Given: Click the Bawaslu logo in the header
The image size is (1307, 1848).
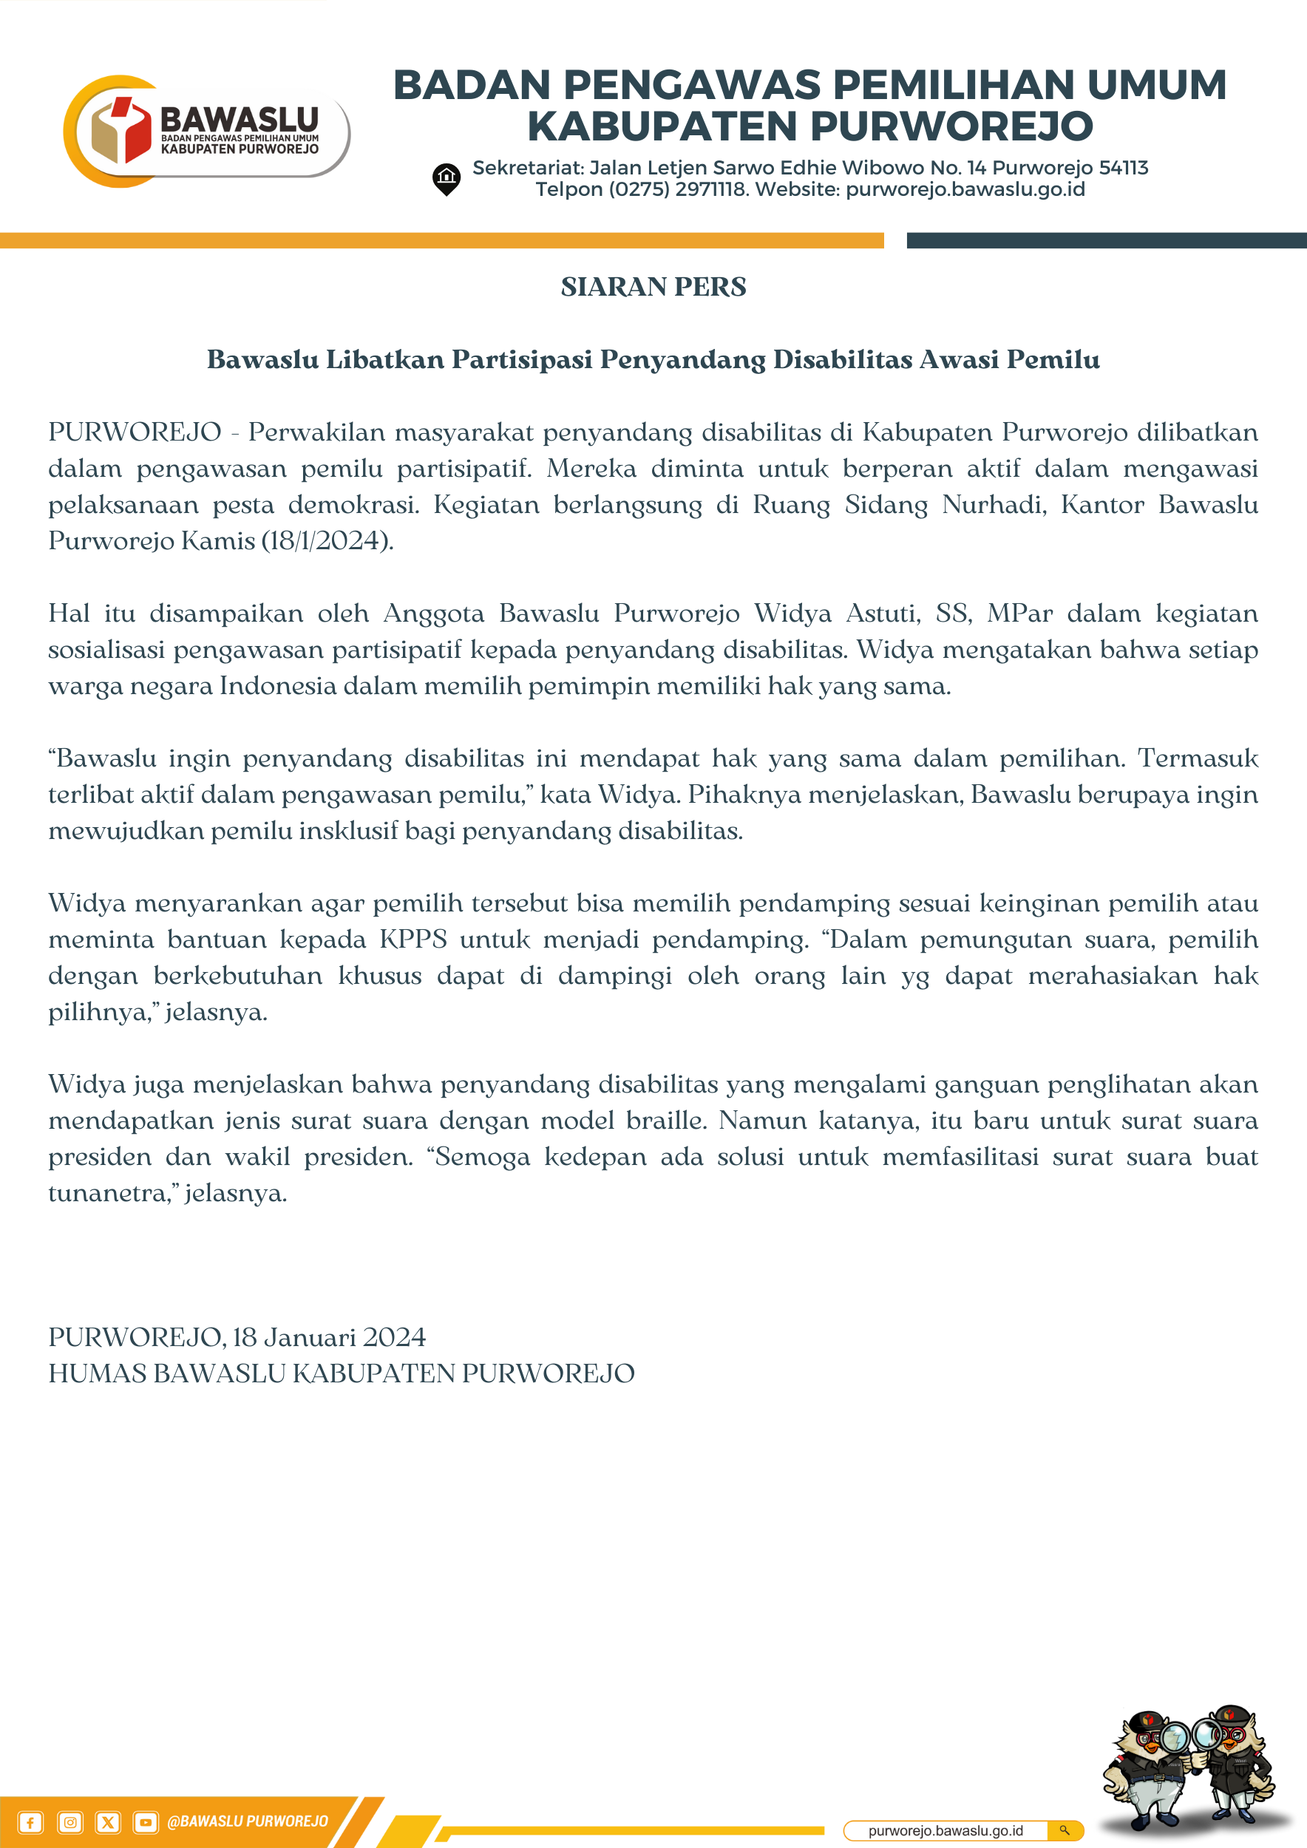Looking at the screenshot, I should [x=206, y=131].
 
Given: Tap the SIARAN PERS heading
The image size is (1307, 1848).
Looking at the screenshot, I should [x=653, y=287].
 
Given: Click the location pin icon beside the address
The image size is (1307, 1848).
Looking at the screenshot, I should [x=446, y=179].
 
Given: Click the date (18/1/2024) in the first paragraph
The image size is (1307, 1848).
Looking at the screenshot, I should [x=327, y=541].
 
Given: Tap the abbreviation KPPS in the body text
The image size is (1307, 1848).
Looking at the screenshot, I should [x=413, y=940].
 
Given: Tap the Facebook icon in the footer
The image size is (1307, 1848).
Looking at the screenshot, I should [x=30, y=1822].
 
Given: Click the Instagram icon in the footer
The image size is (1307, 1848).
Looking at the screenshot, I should [x=70, y=1822].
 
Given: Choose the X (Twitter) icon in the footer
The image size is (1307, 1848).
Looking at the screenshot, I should [x=108, y=1822].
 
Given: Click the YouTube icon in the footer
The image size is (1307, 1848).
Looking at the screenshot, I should [x=146, y=1822].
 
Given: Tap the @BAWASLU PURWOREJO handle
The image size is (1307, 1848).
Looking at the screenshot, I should [x=247, y=1821].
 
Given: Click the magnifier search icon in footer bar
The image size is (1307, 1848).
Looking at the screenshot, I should [x=1064, y=1830].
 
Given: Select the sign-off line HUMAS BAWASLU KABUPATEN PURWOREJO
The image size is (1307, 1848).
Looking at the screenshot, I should [x=342, y=1374].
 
